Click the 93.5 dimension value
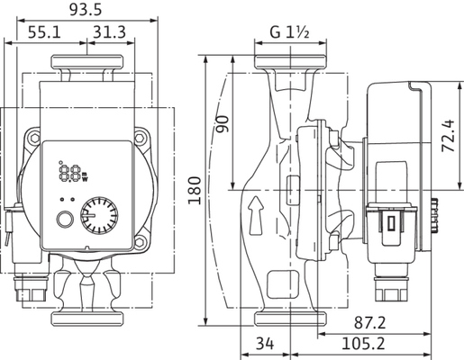tap(86, 10)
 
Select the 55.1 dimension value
tap(44, 32)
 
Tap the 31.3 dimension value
tap(109, 32)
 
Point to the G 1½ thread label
tap(289, 32)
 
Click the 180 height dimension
tap(195, 191)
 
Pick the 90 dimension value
tap(223, 123)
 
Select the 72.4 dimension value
tap(448, 136)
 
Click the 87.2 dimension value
tap(369, 323)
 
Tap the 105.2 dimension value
tap(363, 344)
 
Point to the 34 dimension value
tap(265, 344)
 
